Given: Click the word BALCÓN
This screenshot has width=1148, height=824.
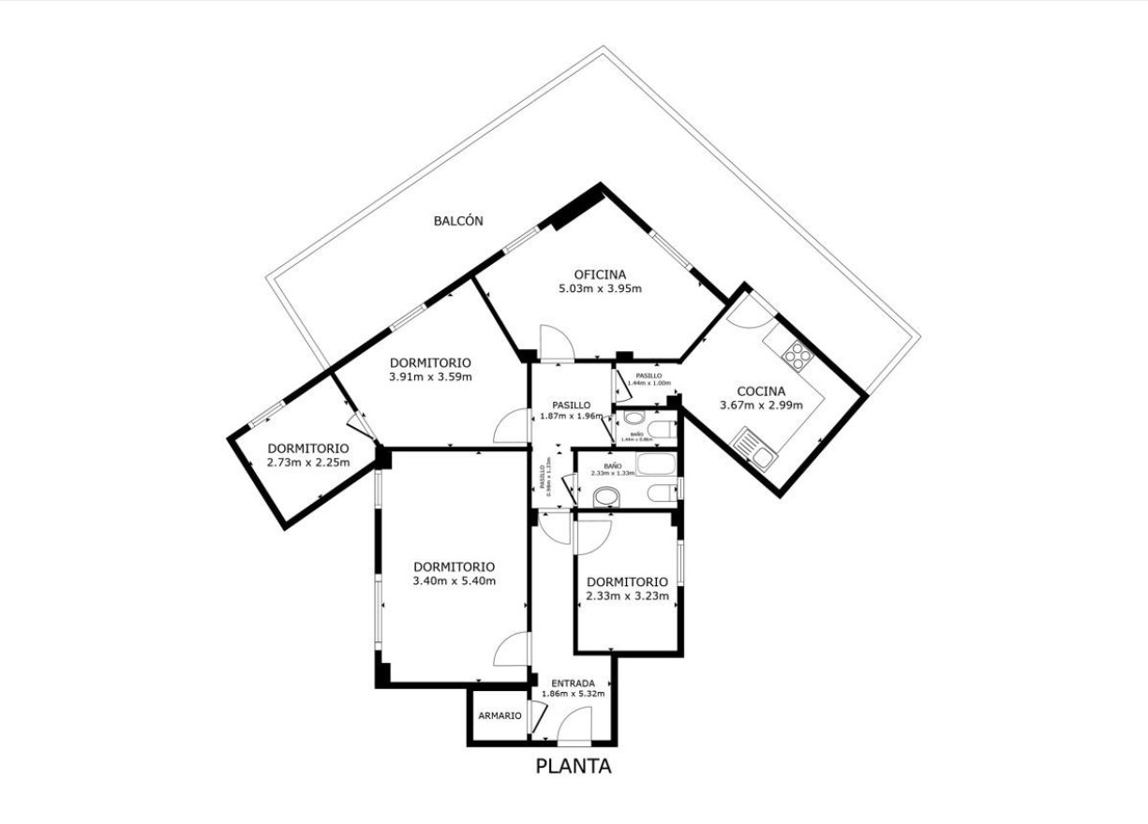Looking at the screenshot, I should pos(458,221).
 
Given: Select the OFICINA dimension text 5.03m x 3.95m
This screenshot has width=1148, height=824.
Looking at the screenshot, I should pos(600,288).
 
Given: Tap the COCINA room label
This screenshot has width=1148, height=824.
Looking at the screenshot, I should pos(760,391).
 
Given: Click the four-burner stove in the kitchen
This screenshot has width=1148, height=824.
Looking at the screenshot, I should pos(798,354).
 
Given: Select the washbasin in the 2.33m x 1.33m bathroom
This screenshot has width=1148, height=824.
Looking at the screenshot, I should pos(606,496).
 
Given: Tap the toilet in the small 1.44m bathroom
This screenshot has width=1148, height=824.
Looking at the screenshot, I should pos(662,432).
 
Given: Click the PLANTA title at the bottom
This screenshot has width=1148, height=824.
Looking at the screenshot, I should pos(574,766).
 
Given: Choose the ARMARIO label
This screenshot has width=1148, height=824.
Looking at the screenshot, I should pos(499,715).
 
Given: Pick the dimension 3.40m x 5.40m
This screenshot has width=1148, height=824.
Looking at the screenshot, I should pos(454,581).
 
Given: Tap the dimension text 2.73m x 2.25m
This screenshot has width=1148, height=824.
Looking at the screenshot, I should pos(307,462).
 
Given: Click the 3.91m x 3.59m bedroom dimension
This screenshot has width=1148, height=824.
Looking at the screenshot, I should pos(429,377).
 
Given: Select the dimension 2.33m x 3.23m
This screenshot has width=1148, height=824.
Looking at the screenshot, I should pos(627,596).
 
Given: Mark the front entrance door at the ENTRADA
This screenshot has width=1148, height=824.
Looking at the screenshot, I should pos(574,726).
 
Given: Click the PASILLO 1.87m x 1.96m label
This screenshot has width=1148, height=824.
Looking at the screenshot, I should pos(571,410).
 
